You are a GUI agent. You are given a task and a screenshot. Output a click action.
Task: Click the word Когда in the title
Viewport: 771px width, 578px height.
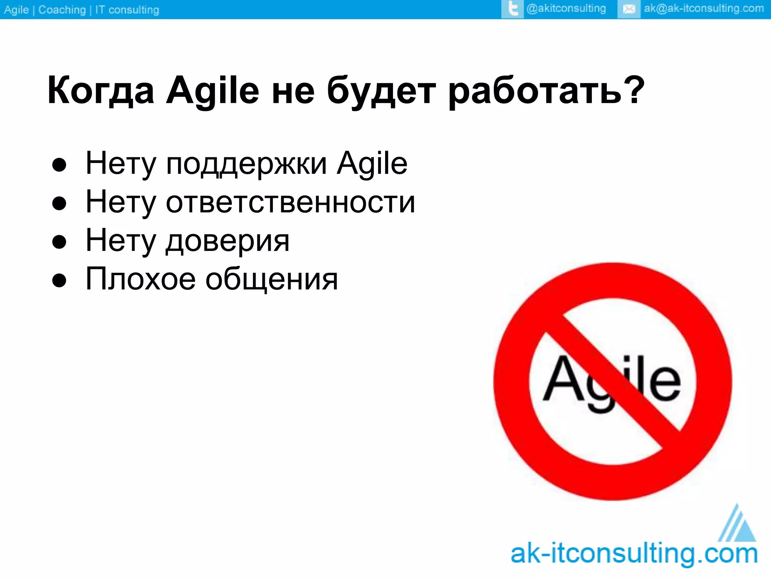101,90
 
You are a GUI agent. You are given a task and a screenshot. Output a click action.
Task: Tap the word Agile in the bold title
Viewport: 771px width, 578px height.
212,90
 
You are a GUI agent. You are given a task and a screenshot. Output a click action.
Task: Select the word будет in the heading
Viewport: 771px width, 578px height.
381,90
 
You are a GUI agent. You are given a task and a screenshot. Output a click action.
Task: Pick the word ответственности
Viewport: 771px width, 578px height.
290,202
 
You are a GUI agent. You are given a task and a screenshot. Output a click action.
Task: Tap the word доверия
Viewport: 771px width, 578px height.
228,241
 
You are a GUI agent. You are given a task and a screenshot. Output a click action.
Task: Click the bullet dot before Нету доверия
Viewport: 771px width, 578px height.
59,242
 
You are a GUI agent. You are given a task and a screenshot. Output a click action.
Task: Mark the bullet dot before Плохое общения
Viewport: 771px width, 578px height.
59,281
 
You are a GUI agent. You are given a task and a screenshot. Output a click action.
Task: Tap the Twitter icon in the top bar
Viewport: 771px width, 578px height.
512,9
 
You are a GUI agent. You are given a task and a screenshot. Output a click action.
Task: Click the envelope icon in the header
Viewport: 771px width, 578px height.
629,9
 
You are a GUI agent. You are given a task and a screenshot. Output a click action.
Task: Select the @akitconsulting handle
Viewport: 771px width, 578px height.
566,8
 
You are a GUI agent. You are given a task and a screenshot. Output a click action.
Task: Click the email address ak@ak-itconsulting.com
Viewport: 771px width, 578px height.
704,8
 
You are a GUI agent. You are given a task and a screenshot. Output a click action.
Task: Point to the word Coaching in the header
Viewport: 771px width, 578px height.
62,10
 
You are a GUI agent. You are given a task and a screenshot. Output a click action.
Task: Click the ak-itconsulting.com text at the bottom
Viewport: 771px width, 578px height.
634,554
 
